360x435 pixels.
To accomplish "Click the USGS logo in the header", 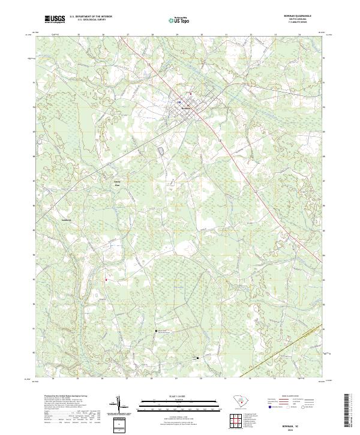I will click(55, 19).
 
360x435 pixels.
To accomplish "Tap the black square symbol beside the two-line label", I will click(157, 331).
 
